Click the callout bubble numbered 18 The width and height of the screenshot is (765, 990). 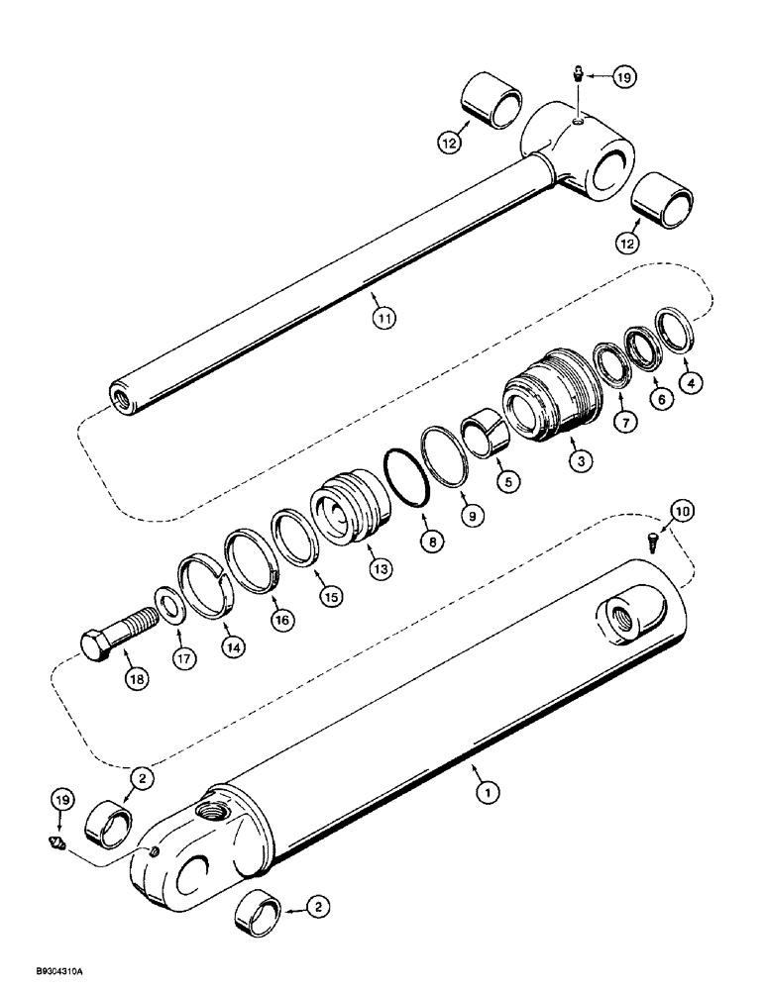134,678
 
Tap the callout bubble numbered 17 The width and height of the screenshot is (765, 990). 181,655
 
